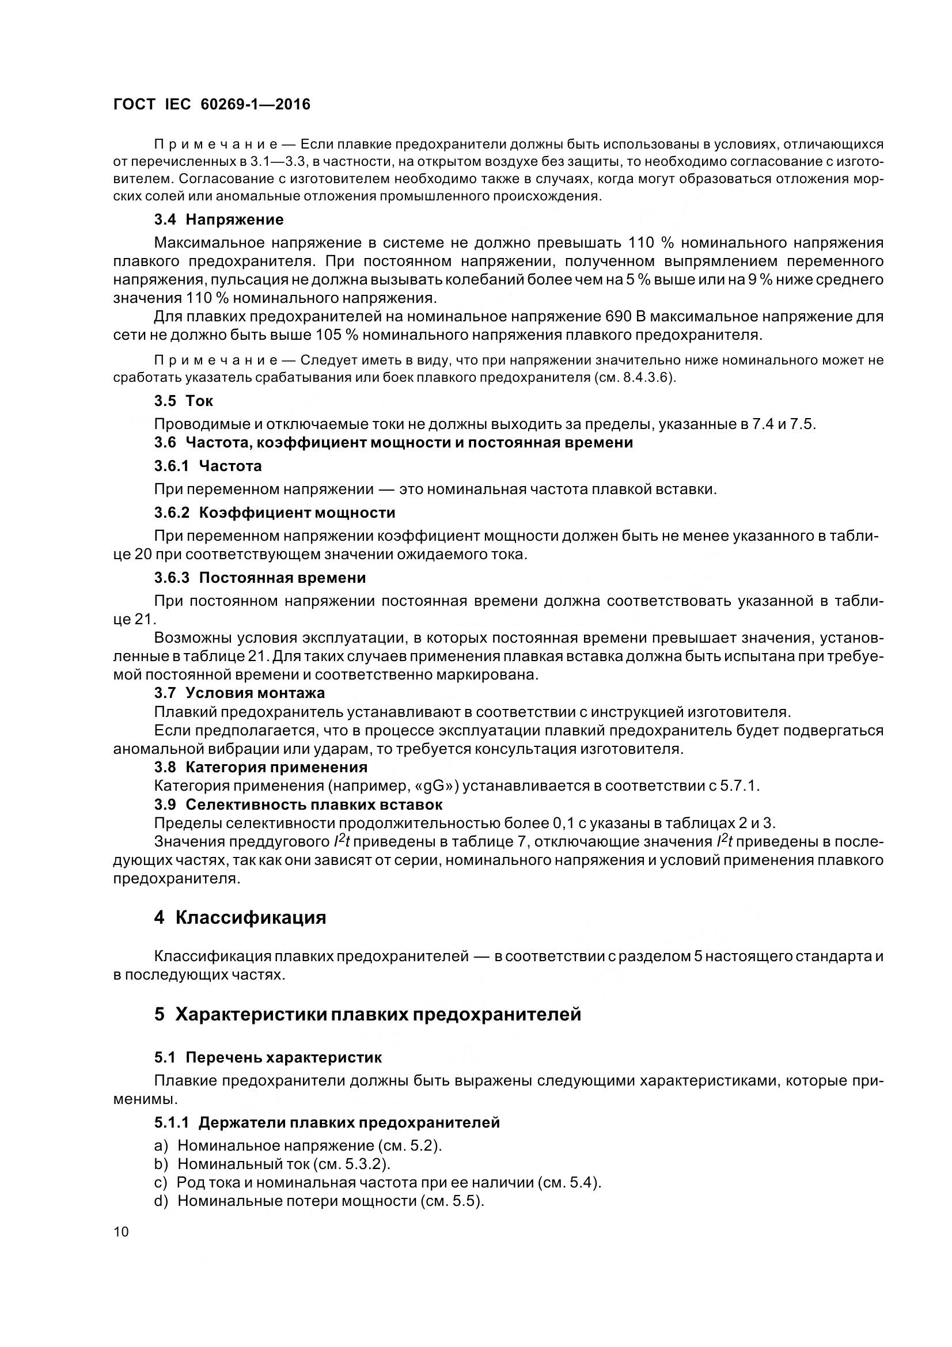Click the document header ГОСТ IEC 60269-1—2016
point(212,104)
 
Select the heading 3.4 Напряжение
point(219,219)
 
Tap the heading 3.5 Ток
point(184,401)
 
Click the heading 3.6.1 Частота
point(208,466)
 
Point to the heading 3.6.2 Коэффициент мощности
point(275,513)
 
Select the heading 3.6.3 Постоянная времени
point(260,578)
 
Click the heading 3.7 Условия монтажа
point(240,693)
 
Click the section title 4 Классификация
point(240,917)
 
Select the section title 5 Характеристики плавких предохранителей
point(367,1014)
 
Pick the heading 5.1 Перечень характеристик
point(268,1058)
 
